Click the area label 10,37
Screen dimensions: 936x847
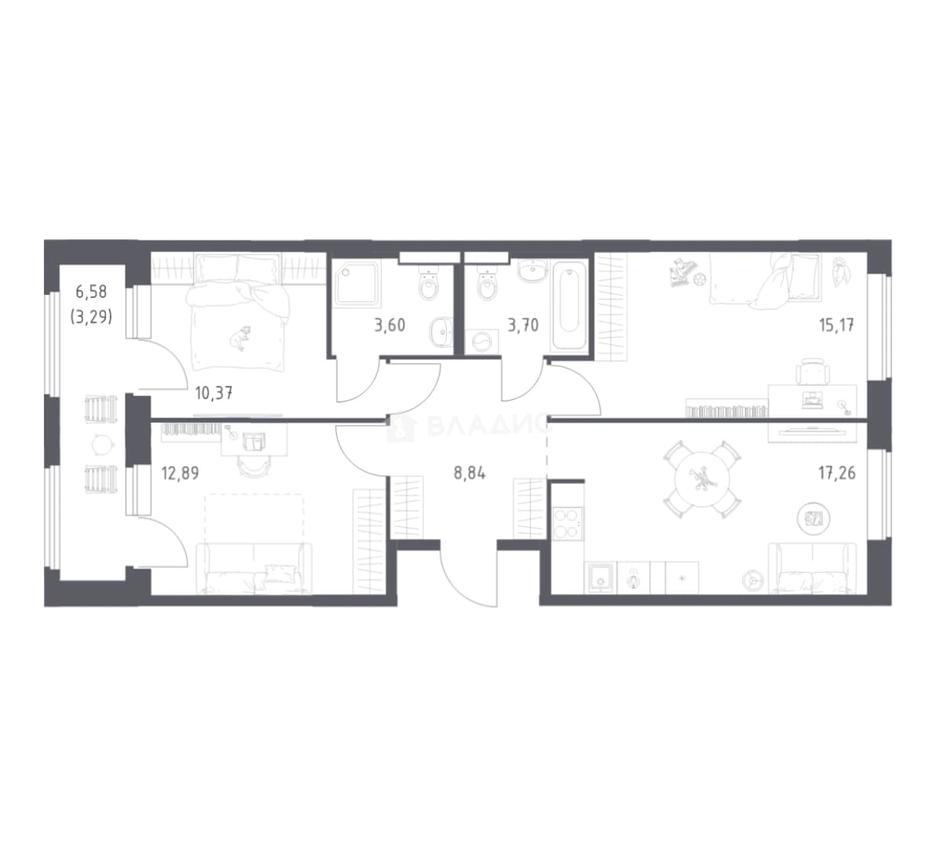point(214,393)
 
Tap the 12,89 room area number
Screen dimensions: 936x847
point(180,473)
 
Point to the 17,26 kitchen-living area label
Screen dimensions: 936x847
point(836,473)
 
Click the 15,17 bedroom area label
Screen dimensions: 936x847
point(836,325)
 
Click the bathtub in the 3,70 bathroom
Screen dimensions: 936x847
point(569,305)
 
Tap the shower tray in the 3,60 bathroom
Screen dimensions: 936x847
point(357,284)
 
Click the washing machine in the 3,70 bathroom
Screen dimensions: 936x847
point(481,342)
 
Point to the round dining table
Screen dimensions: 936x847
point(702,479)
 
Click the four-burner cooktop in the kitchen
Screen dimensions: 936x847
point(568,523)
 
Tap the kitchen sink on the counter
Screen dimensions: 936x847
point(600,577)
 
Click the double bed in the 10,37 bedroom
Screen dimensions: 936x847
point(239,311)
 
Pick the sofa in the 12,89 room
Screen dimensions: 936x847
point(254,568)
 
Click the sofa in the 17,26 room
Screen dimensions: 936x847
point(812,568)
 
